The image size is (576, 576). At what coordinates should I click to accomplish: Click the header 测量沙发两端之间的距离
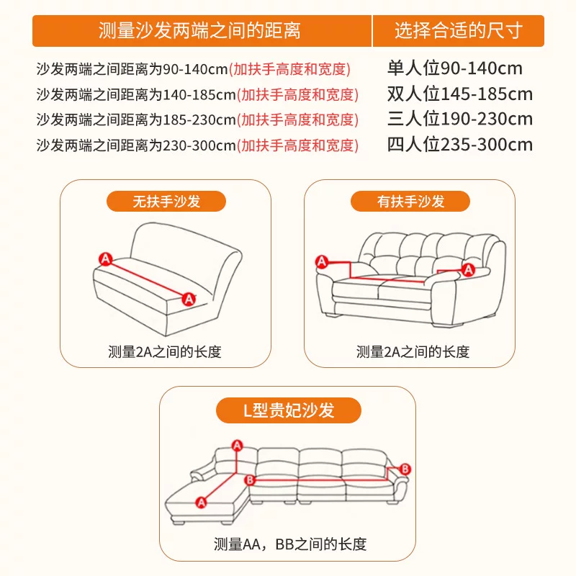199,31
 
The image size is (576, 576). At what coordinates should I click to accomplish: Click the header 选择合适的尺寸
458,31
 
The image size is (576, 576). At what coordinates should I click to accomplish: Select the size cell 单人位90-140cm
454,69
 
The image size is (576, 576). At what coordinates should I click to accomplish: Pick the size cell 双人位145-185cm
459,94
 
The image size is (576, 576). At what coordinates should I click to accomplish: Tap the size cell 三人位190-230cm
459,120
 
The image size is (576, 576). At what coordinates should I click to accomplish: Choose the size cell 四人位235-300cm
459,145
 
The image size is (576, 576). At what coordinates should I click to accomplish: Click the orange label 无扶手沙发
166,202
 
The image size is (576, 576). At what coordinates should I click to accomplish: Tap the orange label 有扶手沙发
411,202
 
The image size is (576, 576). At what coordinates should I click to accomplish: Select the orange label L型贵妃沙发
288,410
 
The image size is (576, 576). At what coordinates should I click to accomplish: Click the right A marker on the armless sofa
189,297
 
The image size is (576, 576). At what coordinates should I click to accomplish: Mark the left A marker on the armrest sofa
322,261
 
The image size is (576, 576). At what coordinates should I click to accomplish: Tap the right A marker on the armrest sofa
468,270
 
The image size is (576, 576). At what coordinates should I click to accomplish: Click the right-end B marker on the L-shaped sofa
405,469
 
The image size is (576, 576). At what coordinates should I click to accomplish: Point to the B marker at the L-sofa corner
250,480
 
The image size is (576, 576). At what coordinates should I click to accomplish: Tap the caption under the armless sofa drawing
165,352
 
